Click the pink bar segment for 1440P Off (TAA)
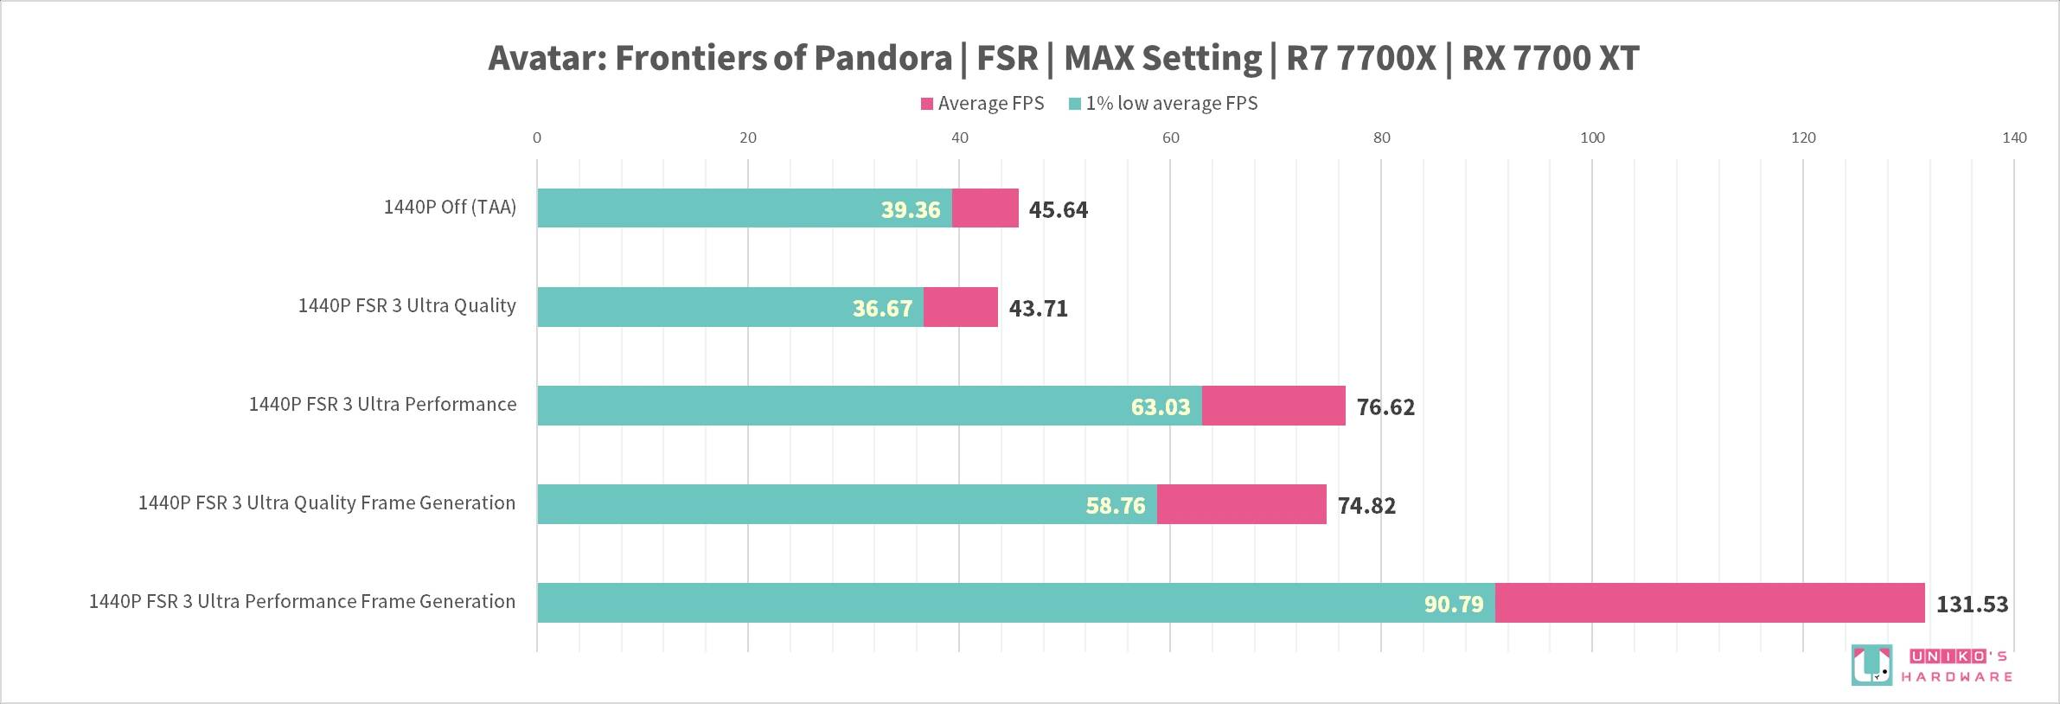tap(985, 208)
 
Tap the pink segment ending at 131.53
tap(1709, 603)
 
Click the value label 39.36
tap(910, 210)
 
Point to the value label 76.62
tap(1385, 407)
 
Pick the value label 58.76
tap(1115, 506)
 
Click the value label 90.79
tap(1454, 605)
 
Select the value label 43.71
tap(1038, 309)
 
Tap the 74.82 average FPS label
tap(1366, 506)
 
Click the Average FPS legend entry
tap(982, 104)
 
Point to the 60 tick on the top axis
tap(1170, 138)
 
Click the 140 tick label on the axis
tap(2014, 138)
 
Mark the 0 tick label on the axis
tap(537, 138)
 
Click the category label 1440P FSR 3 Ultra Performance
tap(382, 405)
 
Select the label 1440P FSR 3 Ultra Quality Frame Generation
tap(327, 503)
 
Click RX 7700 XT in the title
tap(1550, 58)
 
